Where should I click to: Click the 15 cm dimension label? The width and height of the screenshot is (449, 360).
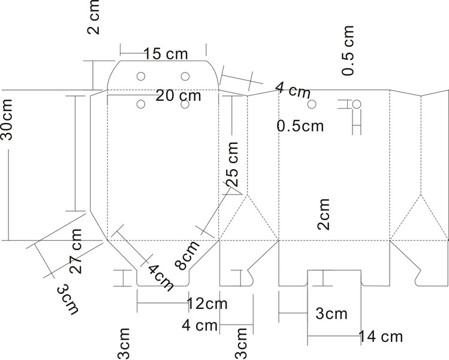tap(166, 54)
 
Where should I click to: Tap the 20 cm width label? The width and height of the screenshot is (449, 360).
tap(179, 95)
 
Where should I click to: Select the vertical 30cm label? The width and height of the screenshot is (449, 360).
tap(7, 119)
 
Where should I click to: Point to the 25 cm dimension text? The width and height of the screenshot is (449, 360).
tap(232, 164)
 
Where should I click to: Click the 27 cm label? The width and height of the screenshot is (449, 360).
tap(76, 251)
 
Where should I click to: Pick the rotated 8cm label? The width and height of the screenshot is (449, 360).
tap(187, 255)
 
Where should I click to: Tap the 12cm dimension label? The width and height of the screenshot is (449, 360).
tap(207, 304)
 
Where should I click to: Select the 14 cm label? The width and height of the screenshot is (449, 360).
tap(381, 337)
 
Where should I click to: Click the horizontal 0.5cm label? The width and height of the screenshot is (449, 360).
tap(300, 126)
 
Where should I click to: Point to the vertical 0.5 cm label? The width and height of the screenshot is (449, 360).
tap(348, 50)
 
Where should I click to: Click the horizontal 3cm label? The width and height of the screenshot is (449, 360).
tap(332, 314)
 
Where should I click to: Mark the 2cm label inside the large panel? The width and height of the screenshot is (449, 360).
tap(324, 214)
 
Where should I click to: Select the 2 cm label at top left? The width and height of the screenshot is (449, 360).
tap(94, 17)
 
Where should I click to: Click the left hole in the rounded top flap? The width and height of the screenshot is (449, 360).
tap(141, 76)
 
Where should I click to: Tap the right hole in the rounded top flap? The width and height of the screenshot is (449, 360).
tap(185, 76)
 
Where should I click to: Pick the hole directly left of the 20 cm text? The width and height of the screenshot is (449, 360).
tap(141, 104)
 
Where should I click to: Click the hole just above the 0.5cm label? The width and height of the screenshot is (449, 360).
tap(312, 104)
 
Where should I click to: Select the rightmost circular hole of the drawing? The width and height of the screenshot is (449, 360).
tap(356, 104)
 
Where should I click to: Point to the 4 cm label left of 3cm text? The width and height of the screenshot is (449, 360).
tap(200, 326)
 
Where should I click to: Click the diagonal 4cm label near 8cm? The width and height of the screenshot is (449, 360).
tap(161, 277)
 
